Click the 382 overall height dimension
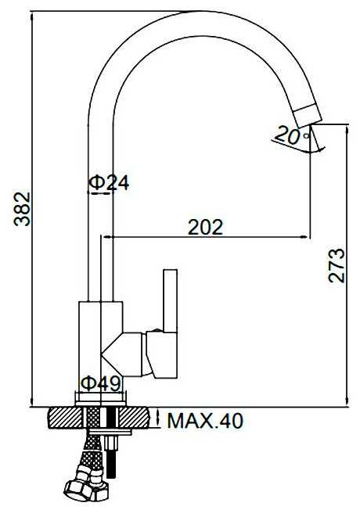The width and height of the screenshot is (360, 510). pyautogui.click(x=22, y=209)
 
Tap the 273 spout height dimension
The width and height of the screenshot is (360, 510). pyautogui.click(x=337, y=265)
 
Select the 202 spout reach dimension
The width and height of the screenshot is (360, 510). pyautogui.click(x=206, y=227)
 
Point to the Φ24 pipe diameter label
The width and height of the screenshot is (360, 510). pyautogui.click(x=109, y=183)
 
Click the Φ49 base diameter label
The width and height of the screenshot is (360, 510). pyautogui.click(x=101, y=384)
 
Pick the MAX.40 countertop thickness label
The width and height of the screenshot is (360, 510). pyautogui.click(x=205, y=421)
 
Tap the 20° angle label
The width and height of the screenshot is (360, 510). pyautogui.click(x=292, y=135)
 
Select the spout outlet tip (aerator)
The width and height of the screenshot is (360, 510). pyautogui.click(x=308, y=116)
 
